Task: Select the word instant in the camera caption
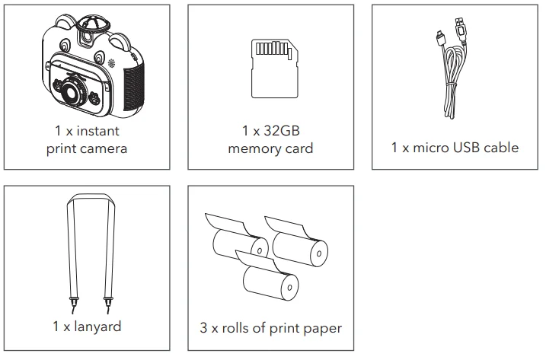pos(97,131)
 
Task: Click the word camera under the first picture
pos(104,148)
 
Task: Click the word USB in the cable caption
pos(467,148)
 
